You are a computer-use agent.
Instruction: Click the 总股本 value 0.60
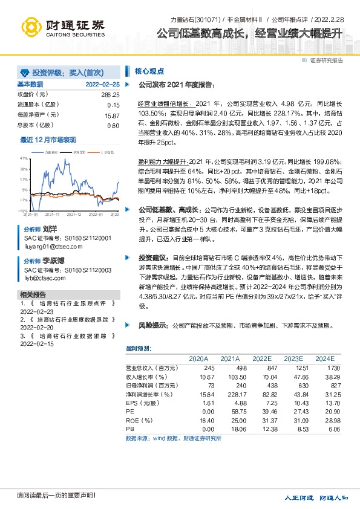[x=113, y=125]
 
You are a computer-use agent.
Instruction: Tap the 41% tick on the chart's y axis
[x=24, y=158]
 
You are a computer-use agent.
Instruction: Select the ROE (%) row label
[x=140, y=420]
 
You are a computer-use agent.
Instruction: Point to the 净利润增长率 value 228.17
[x=228, y=394]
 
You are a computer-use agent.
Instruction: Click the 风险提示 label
[x=152, y=325]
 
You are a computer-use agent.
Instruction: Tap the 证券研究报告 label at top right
[x=327, y=60]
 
